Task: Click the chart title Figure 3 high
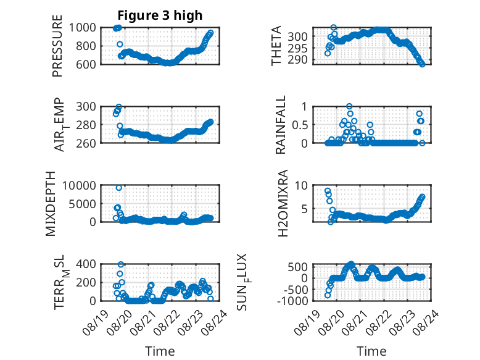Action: coord(160,15)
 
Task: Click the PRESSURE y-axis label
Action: coord(57,46)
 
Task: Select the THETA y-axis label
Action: coord(276,46)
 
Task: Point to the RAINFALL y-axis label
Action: coord(280,125)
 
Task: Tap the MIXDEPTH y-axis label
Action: coord(51,203)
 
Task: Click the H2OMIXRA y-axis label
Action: coord(283,203)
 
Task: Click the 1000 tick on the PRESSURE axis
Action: coord(82,28)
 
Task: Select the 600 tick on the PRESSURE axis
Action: coord(86,64)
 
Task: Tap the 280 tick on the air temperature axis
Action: coord(86,125)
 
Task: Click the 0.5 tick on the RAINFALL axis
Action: coord(300,125)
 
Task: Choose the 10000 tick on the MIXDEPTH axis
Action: coord(79,185)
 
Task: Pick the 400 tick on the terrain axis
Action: coord(86,264)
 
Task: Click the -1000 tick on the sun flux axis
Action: coord(292,301)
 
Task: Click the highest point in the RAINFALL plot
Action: coord(349,106)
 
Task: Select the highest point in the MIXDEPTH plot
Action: coord(119,188)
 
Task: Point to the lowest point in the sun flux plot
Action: coord(328,295)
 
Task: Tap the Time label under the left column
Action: coord(160,351)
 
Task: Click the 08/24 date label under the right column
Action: coord(426,322)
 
